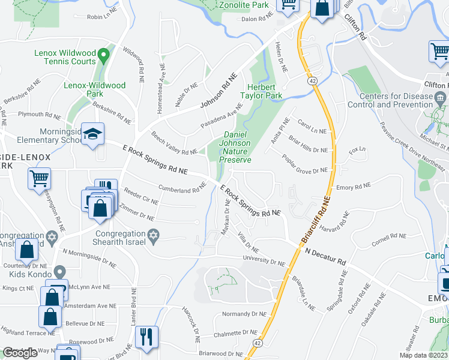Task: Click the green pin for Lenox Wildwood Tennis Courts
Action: [103, 58]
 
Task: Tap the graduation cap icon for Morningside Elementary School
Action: [92, 134]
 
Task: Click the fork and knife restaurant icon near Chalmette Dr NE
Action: [146, 337]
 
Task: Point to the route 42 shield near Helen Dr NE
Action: [312, 80]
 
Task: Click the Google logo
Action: [20, 353]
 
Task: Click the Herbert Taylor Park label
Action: [261, 91]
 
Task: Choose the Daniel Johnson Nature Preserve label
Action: [236, 147]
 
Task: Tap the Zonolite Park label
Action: [252, 5]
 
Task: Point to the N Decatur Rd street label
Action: [325, 257]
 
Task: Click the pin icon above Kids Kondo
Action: [59, 271]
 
